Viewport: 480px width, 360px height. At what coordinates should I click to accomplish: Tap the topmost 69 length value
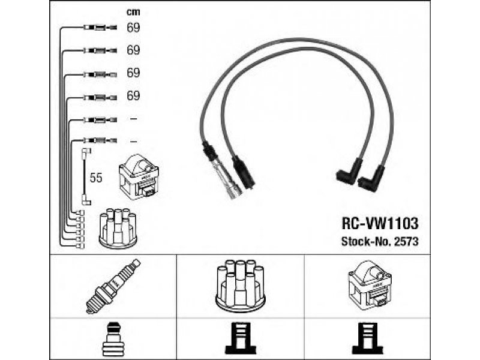pos(133,27)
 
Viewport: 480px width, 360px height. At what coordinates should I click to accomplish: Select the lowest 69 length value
pos(133,95)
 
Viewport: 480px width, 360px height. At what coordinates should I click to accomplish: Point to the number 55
pos(96,178)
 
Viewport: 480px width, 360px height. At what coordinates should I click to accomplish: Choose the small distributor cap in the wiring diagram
pos(118,227)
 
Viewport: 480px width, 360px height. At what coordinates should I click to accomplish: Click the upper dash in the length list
pos(133,119)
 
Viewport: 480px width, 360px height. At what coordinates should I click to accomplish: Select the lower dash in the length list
pos(133,141)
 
